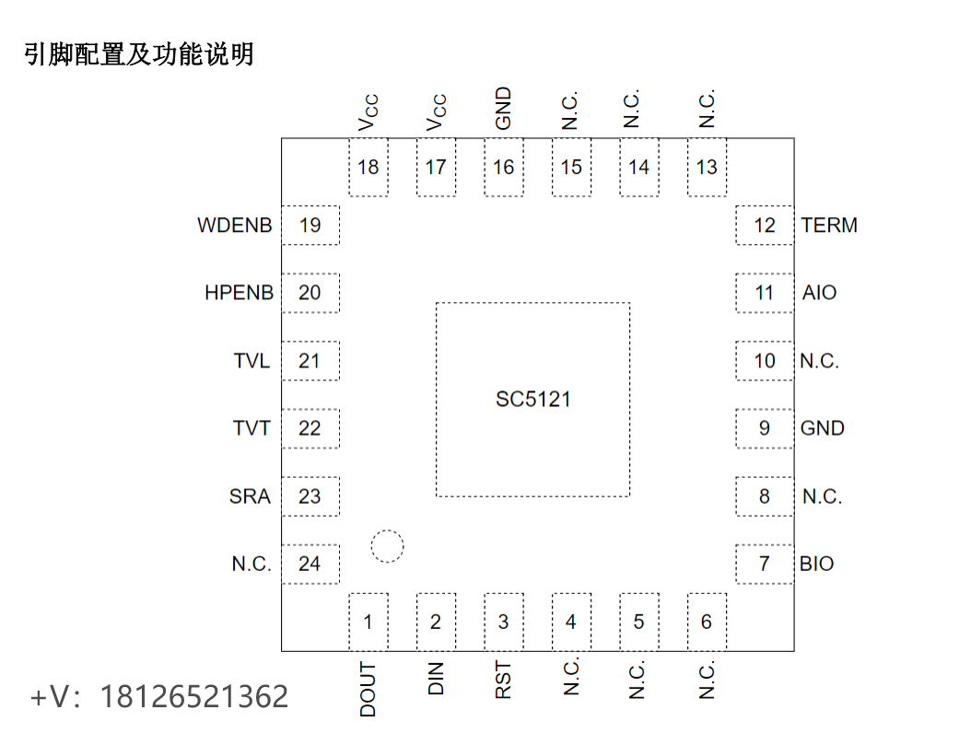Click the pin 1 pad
[x=368, y=622]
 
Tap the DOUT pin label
[x=368, y=690]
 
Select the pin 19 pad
[x=310, y=225]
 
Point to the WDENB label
[x=234, y=226]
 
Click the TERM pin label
[x=829, y=226]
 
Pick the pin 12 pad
[x=765, y=226]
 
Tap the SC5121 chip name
[x=532, y=400]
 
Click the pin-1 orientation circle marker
[x=387, y=546]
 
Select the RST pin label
[x=503, y=681]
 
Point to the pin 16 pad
[x=503, y=167]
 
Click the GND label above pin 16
[x=503, y=109]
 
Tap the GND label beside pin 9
[x=822, y=428]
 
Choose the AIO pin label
[x=819, y=293]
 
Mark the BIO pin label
[x=816, y=564]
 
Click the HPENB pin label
[x=239, y=293]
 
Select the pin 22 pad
[x=310, y=428]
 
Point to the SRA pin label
[x=250, y=496]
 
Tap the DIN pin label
[x=436, y=679]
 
